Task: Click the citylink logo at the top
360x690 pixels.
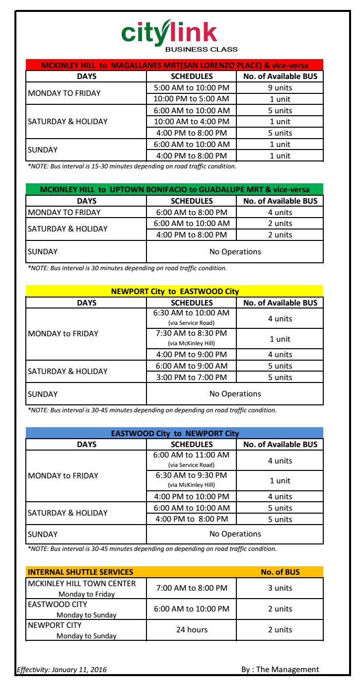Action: (169, 33)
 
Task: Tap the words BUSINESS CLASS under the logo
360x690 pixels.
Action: (201, 49)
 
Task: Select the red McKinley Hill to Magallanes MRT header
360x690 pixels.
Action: (174, 65)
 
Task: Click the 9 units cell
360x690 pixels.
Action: (280, 87)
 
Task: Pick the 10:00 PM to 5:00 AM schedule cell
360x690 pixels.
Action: (192, 99)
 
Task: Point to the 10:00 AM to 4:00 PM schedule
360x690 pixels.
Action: (192, 122)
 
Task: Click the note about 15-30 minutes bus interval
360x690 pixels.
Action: (132, 166)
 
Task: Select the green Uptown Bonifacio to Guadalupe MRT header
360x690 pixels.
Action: (174, 190)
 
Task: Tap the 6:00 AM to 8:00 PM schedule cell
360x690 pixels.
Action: (192, 212)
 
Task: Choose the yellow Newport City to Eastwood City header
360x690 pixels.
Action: (174, 292)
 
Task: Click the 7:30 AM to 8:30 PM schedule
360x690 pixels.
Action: (192, 334)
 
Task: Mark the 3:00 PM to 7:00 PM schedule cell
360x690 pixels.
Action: (192, 378)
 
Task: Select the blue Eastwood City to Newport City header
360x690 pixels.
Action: (174, 433)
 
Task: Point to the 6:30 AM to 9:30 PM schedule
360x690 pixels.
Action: (192, 475)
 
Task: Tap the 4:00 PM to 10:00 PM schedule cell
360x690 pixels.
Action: (192, 497)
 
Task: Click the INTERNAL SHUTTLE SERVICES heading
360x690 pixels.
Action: (80, 572)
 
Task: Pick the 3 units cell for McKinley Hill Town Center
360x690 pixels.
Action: (280, 588)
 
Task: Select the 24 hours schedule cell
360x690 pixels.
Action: (192, 630)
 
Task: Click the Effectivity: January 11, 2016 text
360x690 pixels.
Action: (62, 670)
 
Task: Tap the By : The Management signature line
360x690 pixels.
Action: (280, 670)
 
